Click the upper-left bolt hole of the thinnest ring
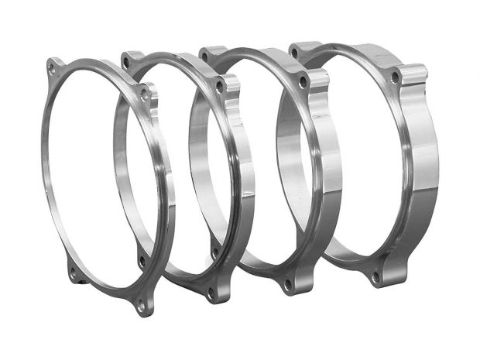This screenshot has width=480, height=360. pyautogui.click(x=51, y=68)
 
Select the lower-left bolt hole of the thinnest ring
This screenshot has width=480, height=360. pyautogui.click(x=74, y=273)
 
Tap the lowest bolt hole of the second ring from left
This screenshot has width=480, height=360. pyautogui.click(x=211, y=293)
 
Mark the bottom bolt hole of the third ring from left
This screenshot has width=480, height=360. pyautogui.click(x=287, y=285)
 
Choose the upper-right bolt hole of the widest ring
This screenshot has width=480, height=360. pyautogui.click(x=395, y=77)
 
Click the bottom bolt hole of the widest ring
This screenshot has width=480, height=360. pyautogui.click(x=375, y=276)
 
